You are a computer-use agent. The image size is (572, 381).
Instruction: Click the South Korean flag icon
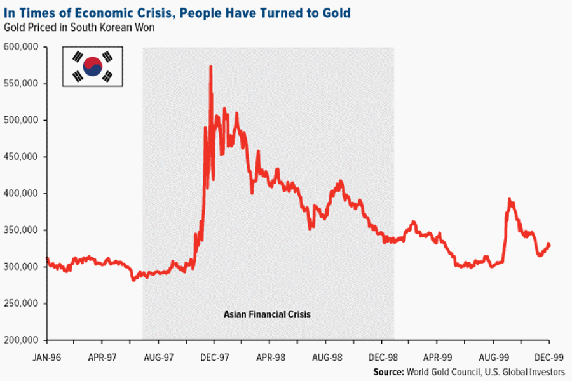click(92, 66)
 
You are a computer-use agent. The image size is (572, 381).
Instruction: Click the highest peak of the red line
click(210, 67)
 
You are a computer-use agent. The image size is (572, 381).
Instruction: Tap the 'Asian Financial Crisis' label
click(267, 314)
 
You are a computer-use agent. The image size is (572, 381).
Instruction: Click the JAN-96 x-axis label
click(46, 358)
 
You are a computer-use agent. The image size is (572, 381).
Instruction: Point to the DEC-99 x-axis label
click(548, 358)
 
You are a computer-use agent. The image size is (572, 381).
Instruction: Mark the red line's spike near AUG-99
click(509, 201)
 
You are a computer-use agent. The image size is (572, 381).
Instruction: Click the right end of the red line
click(549, 245)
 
